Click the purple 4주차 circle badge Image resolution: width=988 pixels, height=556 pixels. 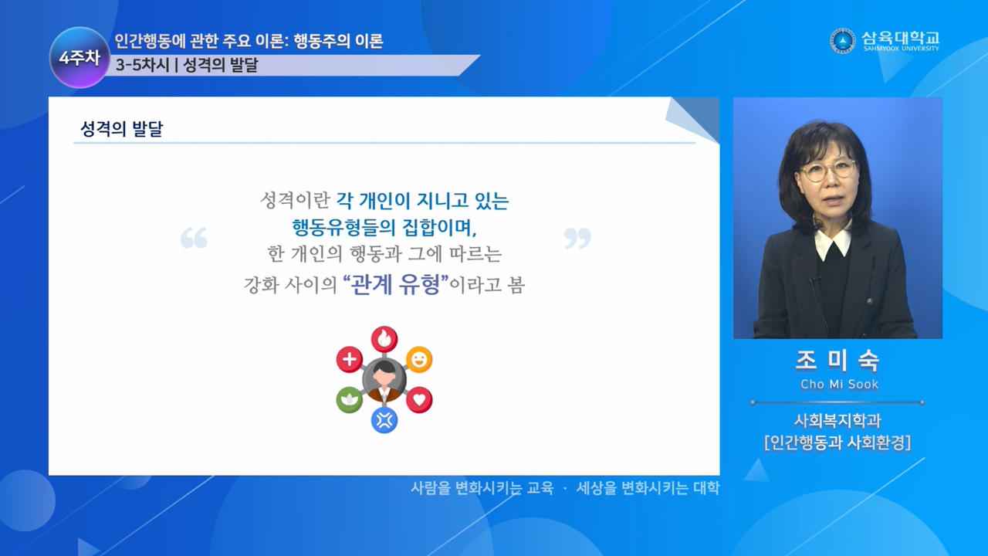click(x=80, y=57)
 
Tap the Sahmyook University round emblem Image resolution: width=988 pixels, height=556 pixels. click(x=842, y=41)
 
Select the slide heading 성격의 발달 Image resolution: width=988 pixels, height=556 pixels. click(x=122, y=128)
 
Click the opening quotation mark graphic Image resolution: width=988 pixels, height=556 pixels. click(x=194, y=238)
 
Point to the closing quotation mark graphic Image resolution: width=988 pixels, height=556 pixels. click(x=578, y=238)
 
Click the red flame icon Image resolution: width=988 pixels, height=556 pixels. click(x=384, y=339)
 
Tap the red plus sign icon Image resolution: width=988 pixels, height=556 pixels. click(x=350, y=359)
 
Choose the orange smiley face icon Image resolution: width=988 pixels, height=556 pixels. click(x=419, y=359)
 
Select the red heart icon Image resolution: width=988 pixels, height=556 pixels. click(x=419, y=400)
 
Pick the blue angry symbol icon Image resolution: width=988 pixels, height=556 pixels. click(x=384, y=420)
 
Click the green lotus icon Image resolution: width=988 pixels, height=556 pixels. click(x=350, y=400)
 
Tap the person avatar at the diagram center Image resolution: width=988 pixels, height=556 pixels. click(x=384, y=380)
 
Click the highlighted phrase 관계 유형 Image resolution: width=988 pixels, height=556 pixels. click(x=396, y=284)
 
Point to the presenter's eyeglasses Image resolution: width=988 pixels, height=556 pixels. click(x=829, y=171)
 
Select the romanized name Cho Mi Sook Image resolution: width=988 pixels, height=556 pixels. click(x=839, y=385)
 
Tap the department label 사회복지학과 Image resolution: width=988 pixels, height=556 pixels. click(x=837, y=421)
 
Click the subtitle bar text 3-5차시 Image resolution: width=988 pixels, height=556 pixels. click(x=143, y=66)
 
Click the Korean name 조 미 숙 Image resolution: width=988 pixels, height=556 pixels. click(x=837, y=360)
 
